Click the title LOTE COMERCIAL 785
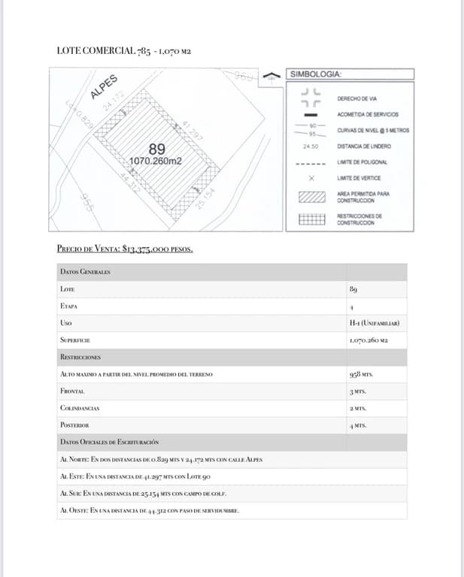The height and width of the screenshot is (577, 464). coord(124,51)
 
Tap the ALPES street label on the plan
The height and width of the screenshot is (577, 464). coord(103,86)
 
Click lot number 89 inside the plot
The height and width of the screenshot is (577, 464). coord(157,148)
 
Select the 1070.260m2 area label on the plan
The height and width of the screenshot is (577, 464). coord(156,160)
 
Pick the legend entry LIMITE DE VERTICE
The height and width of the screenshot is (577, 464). coord(359,178)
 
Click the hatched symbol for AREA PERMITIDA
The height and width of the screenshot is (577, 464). coord(311,198)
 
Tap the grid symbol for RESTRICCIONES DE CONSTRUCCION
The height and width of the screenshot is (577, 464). coord(311,220)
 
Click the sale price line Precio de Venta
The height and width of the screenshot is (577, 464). coord(125,249)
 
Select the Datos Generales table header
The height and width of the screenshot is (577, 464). coord(85,271)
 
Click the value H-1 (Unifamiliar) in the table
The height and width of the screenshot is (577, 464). coord(374,323)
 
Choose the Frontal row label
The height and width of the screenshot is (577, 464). coord(72,391)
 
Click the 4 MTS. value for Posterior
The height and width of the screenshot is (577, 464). coord(357,425)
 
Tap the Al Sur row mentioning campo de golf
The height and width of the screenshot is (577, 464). coord(143,494)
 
